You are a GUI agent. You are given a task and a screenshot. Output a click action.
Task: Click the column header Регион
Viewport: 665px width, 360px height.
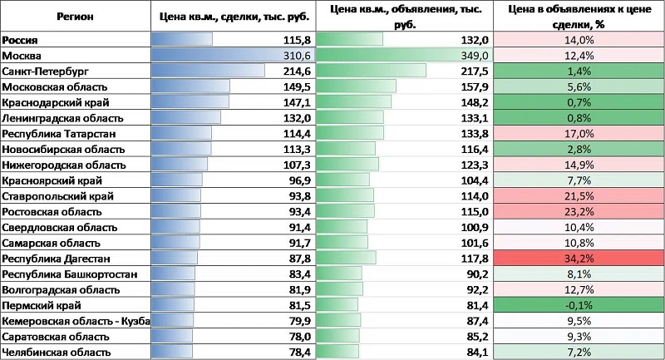coord(76,16)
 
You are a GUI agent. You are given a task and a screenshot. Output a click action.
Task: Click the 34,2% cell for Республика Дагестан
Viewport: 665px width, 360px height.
coord(579,259)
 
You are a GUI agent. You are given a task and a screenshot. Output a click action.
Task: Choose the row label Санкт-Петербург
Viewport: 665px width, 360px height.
coord(45,71)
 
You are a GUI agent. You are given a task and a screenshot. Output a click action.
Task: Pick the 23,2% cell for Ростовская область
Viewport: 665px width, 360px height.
coord(579,212)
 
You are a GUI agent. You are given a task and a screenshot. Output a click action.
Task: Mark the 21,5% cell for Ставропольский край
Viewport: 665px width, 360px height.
coord(579,196)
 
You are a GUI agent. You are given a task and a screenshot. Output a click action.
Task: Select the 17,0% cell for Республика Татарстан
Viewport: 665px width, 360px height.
coord(579,133)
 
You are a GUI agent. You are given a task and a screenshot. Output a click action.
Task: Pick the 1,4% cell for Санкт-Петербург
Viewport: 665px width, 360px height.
coord(579,71)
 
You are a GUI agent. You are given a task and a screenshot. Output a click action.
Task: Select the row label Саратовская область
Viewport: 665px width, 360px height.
coord(56,337)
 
